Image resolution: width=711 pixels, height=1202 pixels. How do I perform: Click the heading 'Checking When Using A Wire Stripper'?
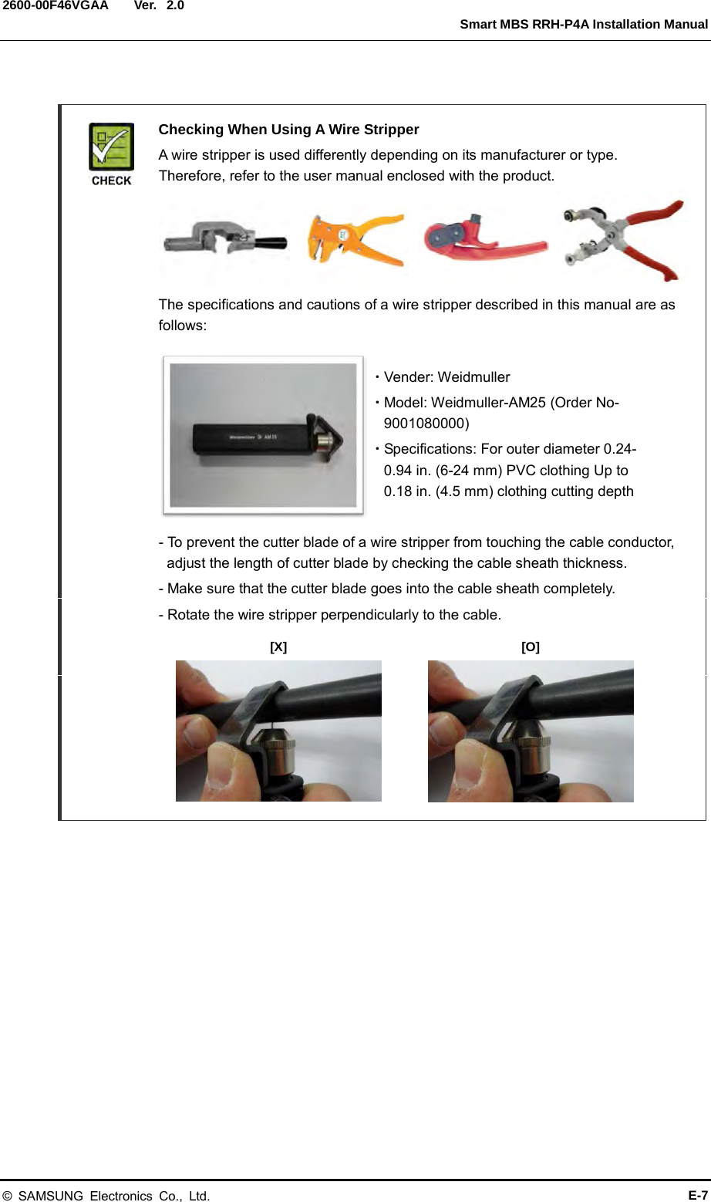point(288,130)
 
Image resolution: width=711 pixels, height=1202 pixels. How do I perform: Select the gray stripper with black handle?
point(224,241)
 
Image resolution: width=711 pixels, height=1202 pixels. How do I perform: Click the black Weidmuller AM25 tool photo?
point(263,435)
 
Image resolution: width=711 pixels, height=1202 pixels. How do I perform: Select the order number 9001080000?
point(426,423)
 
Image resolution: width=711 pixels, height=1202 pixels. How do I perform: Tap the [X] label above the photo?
point(278,647)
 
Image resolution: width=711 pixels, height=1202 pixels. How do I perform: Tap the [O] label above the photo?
point(531,647)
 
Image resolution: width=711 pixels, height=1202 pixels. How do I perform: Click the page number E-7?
point(698,1195)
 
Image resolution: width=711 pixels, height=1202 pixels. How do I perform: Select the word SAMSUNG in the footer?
point(50,1196)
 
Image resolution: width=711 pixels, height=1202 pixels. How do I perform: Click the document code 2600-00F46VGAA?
point(55,6)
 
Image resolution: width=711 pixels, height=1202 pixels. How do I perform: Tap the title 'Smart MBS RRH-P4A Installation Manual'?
point(583,25)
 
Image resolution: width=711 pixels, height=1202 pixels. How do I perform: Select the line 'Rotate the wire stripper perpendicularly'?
point(330,615)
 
